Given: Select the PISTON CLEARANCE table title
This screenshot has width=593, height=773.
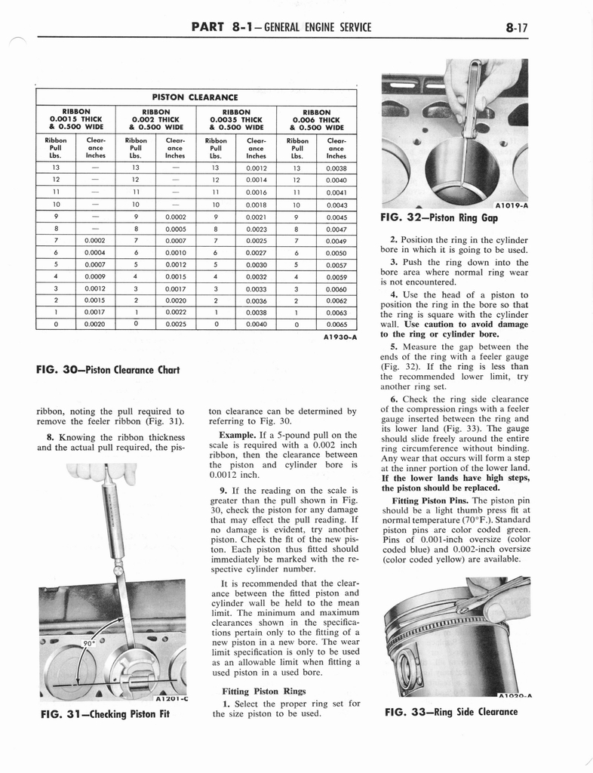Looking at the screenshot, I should tap(195, 97).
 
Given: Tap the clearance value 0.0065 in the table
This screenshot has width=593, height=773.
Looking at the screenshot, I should tap(336, 324).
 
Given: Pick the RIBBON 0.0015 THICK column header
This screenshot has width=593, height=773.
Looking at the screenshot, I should tap(75, 119).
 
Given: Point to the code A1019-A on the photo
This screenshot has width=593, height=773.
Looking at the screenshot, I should tap(512, 205).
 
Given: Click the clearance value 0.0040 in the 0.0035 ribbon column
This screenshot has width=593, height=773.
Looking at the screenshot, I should tap(256, 324).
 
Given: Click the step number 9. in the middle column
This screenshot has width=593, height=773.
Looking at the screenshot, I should tap(224, 491).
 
